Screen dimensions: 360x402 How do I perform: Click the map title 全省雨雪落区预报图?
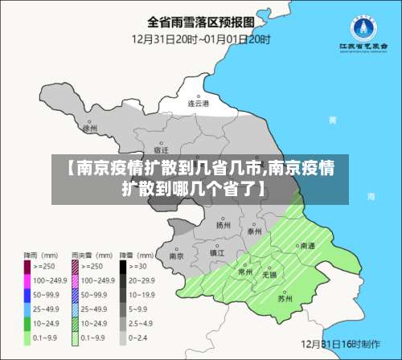[201, 22]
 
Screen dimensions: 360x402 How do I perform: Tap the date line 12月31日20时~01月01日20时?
[201, 39]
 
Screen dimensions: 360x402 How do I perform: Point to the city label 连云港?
[199, 104]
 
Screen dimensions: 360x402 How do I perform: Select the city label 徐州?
[89, 128]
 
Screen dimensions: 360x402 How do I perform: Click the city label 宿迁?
[161, 150]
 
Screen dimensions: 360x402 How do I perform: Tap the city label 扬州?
[223, 226]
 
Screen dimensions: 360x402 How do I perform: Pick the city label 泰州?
[255, 231]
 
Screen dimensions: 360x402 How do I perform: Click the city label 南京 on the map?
[177, 256]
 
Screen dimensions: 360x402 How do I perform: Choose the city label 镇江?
[217, 252]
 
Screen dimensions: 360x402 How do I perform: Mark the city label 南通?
[306, 246]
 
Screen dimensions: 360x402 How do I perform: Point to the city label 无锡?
[269, 275]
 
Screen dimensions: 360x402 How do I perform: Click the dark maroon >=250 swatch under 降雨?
[27, 265]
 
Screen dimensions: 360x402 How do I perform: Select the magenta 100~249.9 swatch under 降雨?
[27, 280]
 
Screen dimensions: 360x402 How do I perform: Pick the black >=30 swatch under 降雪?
[124, 265]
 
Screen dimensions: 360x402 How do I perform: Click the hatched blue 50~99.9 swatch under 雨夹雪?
[76, 295]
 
